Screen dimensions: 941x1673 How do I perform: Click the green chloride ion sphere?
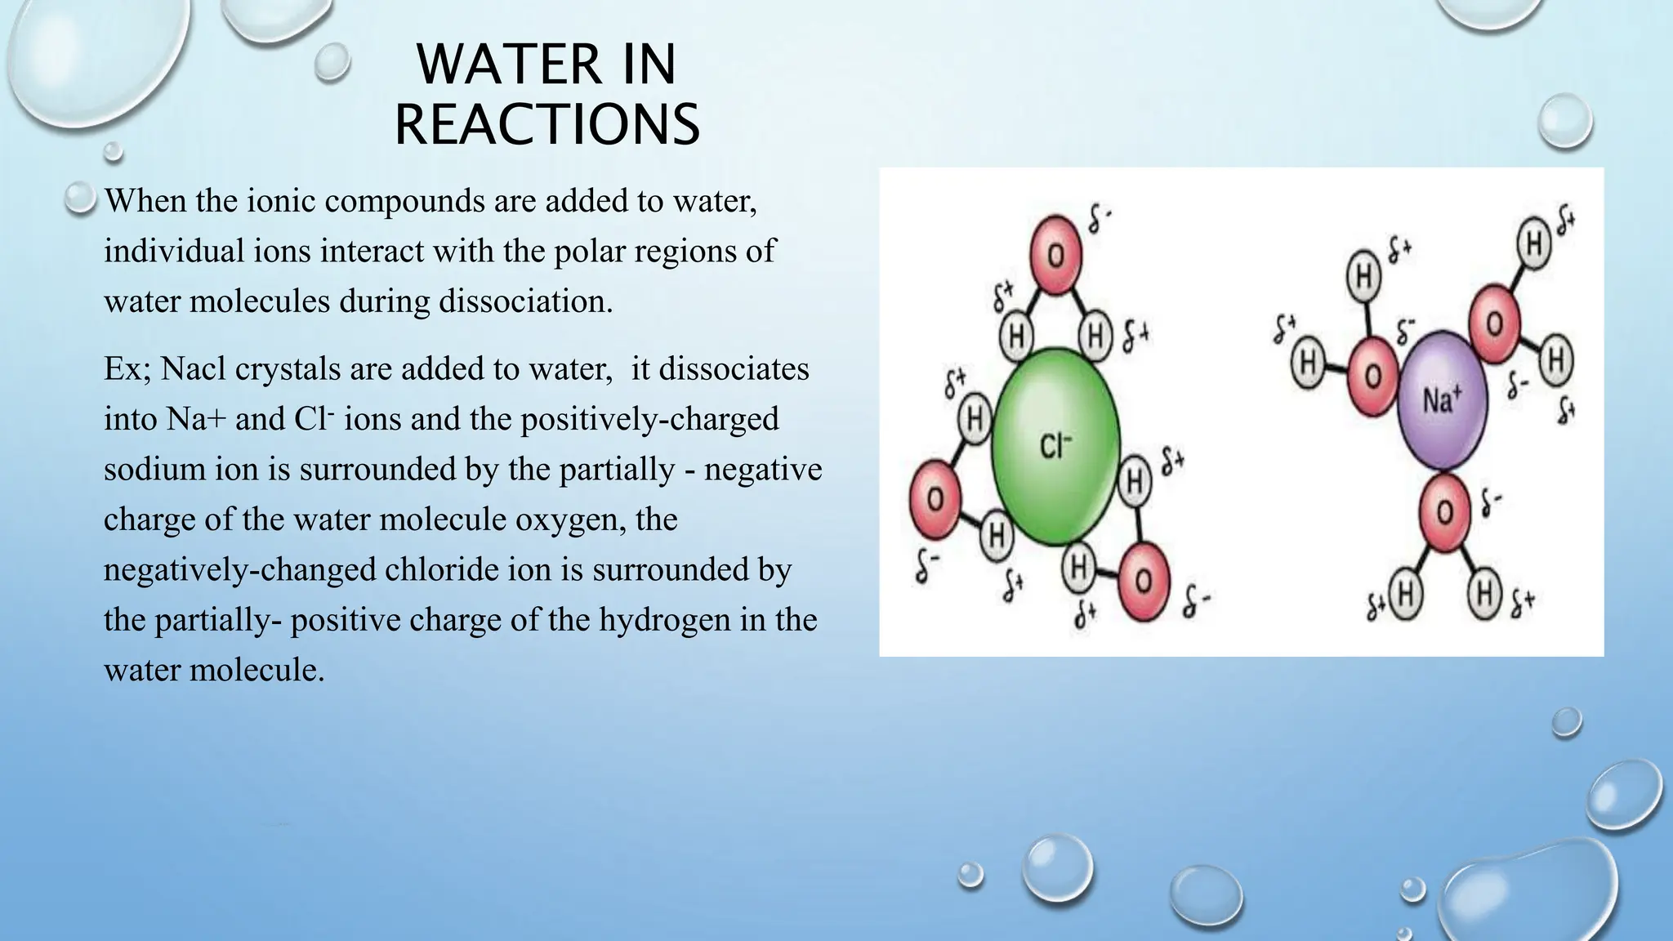tap(1055, 446)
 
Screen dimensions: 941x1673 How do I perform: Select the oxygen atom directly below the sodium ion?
tap(1444, 512)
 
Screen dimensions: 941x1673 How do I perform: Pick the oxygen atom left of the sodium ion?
tap(1373, 376)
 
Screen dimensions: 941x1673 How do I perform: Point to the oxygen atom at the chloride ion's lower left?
tap(936, 499)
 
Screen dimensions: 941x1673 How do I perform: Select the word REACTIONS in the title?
tap(547, 124)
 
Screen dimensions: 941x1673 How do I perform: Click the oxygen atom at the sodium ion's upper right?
tap(1494, 323)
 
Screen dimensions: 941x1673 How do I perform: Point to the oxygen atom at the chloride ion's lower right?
tap(1143, 581)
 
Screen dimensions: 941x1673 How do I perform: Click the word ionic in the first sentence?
tap(281, 200)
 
